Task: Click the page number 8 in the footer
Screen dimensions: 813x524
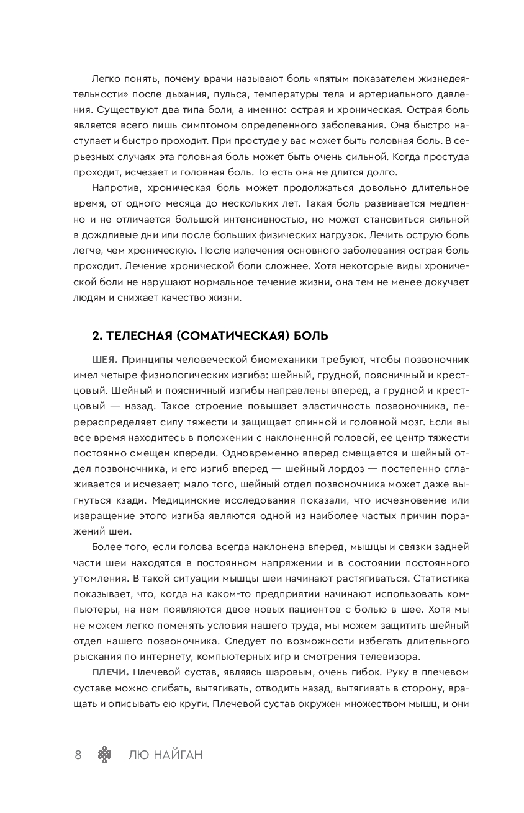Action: coord(78,755)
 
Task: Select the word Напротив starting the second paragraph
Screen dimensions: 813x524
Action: coord(115,188)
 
